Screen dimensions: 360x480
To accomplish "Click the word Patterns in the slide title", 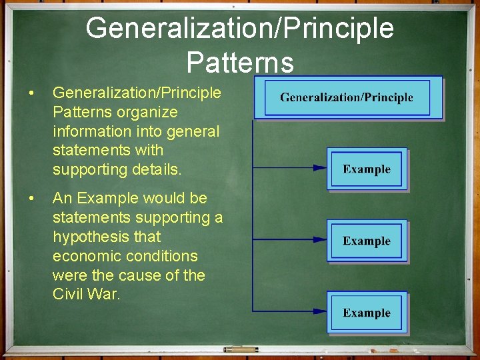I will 240,63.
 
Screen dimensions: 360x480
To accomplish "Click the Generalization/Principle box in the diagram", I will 347,98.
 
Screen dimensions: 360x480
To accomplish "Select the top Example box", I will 367,169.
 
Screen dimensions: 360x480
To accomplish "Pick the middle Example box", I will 367,241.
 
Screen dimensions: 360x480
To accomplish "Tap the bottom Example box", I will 367,313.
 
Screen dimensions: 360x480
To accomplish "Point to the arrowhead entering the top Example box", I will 320,169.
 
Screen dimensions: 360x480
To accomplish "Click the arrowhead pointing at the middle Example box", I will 320,239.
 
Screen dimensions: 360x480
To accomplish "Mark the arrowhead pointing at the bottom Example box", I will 320,311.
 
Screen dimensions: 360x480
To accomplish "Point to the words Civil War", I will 86,294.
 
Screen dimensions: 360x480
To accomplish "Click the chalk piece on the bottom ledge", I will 241,349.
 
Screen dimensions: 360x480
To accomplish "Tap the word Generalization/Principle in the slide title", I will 240,29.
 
